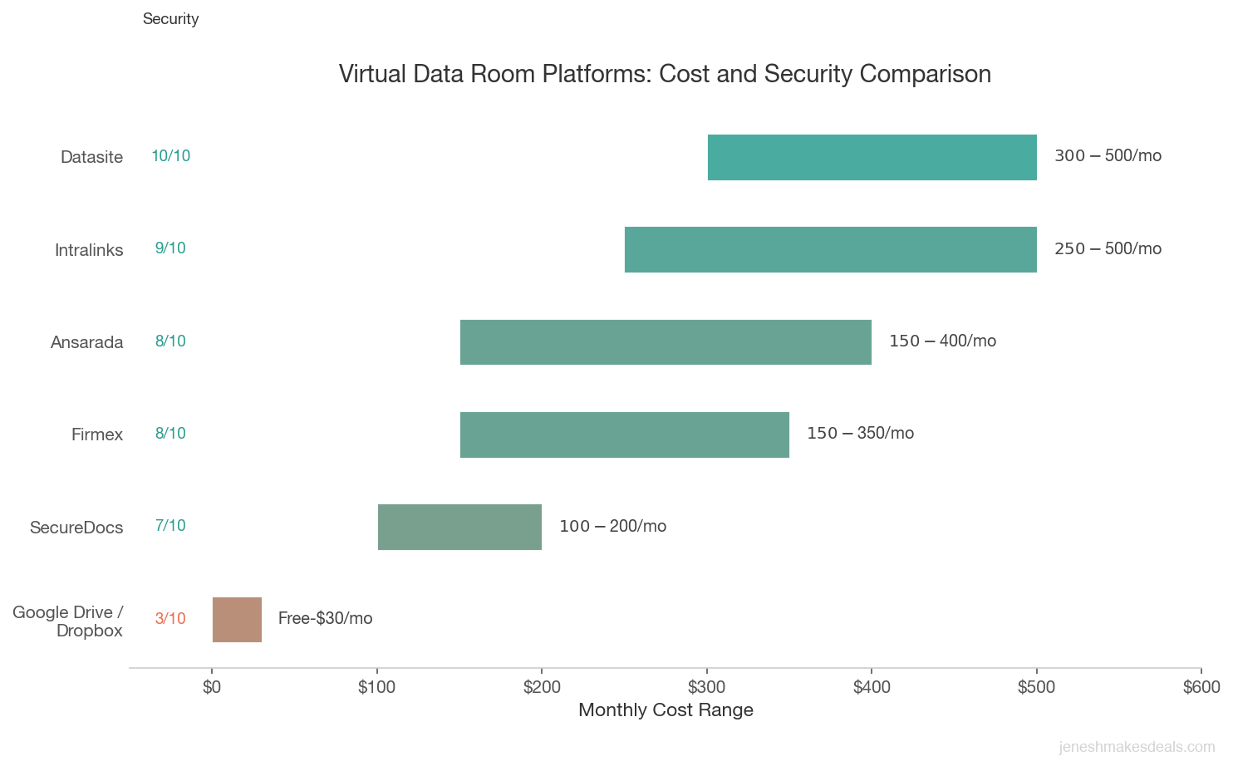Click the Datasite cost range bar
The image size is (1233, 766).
coord(872,157)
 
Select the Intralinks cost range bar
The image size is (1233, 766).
coord(830,249)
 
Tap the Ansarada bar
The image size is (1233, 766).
coord(666,341)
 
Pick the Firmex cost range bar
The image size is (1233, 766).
coord(624,435)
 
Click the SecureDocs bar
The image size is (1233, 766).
coord(459,527)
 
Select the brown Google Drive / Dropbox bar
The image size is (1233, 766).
coord(237,619)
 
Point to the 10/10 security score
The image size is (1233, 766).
coord(170,156)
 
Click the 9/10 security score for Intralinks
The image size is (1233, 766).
coord(170,248)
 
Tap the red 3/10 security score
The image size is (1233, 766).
coord(170,618)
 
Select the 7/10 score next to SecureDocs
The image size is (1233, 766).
coord(170,526)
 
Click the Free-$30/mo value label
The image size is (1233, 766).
coord(325,618)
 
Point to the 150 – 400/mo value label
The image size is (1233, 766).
coord(942,341)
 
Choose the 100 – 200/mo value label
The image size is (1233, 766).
coord(612,527)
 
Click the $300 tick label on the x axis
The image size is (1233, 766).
coord(706,687)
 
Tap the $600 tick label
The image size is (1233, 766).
coord(1201,687)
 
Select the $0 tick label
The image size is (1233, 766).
coord(212,687)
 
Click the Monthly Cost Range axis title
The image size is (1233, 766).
coord(666,710)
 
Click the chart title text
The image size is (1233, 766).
coord(665,74)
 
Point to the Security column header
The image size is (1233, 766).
coord(170,19)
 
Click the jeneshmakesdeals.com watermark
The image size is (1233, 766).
coord(1137,748)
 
